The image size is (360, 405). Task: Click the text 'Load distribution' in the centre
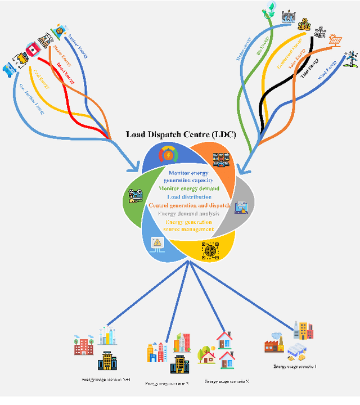188,197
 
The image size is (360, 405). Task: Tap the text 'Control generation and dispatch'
189,205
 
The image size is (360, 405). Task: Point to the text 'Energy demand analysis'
189,214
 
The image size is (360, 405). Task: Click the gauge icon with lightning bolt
168,155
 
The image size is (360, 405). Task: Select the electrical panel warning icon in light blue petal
157,244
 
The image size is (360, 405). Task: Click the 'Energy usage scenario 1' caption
295,366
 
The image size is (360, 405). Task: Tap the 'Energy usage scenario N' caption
227,381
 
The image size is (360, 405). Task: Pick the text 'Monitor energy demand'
188,189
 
